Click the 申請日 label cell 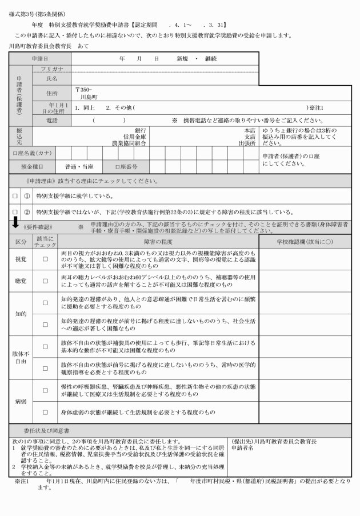coord(39,59)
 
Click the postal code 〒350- coord(83,90)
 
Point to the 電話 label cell coord(51,121)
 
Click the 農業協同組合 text coord(129,143)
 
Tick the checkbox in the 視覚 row coord(45,259)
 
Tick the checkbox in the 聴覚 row coord(45,282)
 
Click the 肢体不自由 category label coord(21,357)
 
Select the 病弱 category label coord(21,402)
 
